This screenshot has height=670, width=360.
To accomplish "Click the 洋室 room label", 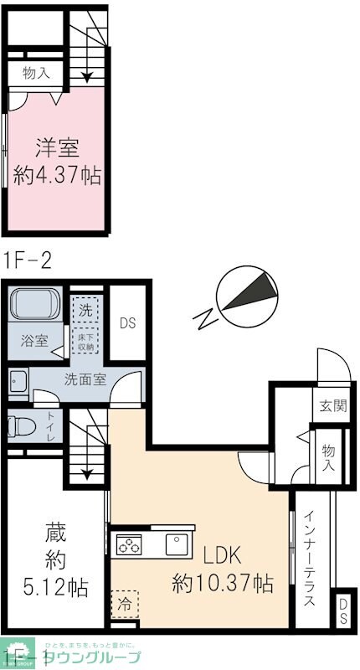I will [x=57, y=148].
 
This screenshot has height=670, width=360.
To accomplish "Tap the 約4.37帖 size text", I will [x=57, y=176].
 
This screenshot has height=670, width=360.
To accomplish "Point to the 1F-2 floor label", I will [x=28, y=259].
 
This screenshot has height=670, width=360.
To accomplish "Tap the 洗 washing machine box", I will [x=85, y=308].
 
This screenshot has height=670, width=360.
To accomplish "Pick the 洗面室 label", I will [x=85, y=379].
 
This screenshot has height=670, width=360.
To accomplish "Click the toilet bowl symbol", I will [x=20, y=426].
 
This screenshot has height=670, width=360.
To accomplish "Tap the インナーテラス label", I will [x=310, y=559].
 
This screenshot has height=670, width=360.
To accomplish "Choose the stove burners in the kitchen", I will [x=130, y=546].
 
